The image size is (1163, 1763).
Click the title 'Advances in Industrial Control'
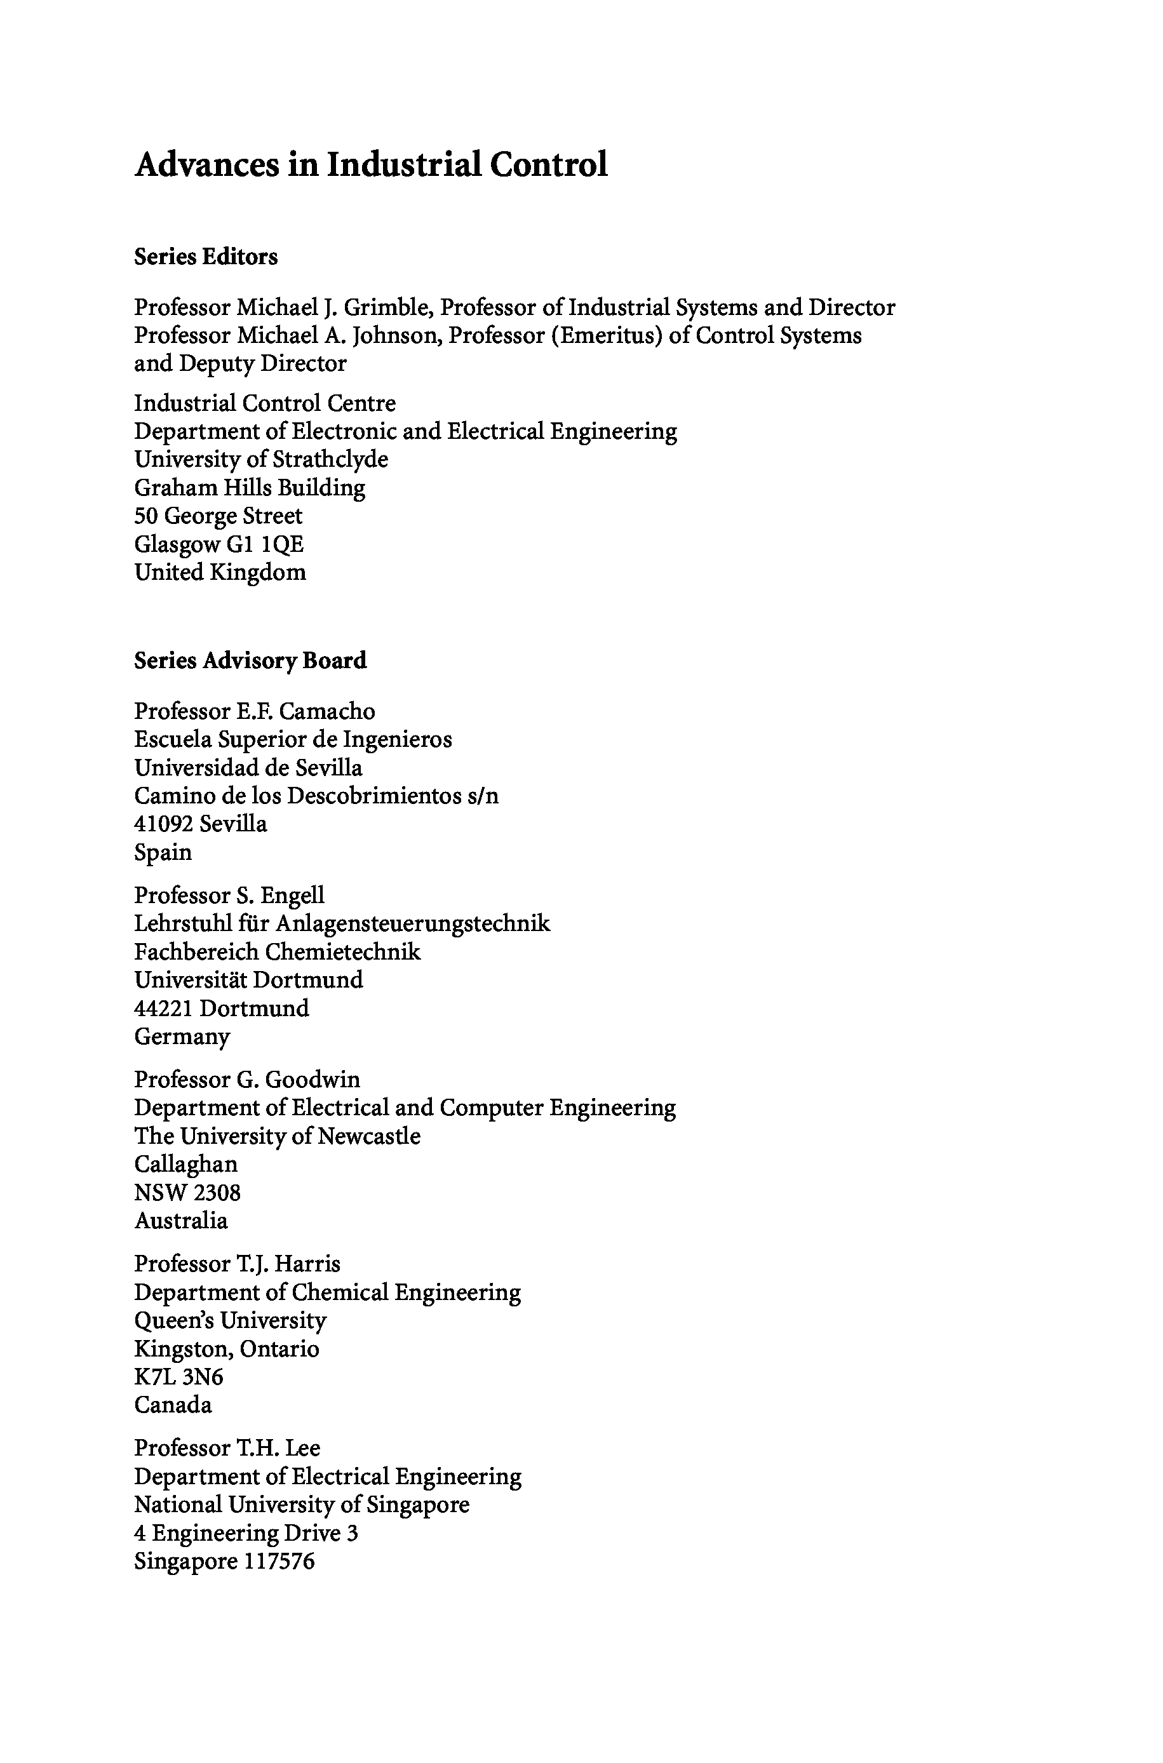(371, 164)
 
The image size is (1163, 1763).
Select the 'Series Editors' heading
(205, 257)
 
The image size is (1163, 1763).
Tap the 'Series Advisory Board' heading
(250, 660)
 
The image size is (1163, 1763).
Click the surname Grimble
(384, 307)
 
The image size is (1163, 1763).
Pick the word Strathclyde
(330, 459)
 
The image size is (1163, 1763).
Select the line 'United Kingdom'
(220, 572)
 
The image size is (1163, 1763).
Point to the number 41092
(163, 824)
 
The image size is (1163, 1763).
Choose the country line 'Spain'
(163, 852)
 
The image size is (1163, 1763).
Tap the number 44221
(163, 1009)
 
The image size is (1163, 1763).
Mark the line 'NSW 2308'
(187, 1192)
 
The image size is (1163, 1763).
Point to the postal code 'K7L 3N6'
(178, 1377)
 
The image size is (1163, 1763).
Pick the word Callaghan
(185, 1164)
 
